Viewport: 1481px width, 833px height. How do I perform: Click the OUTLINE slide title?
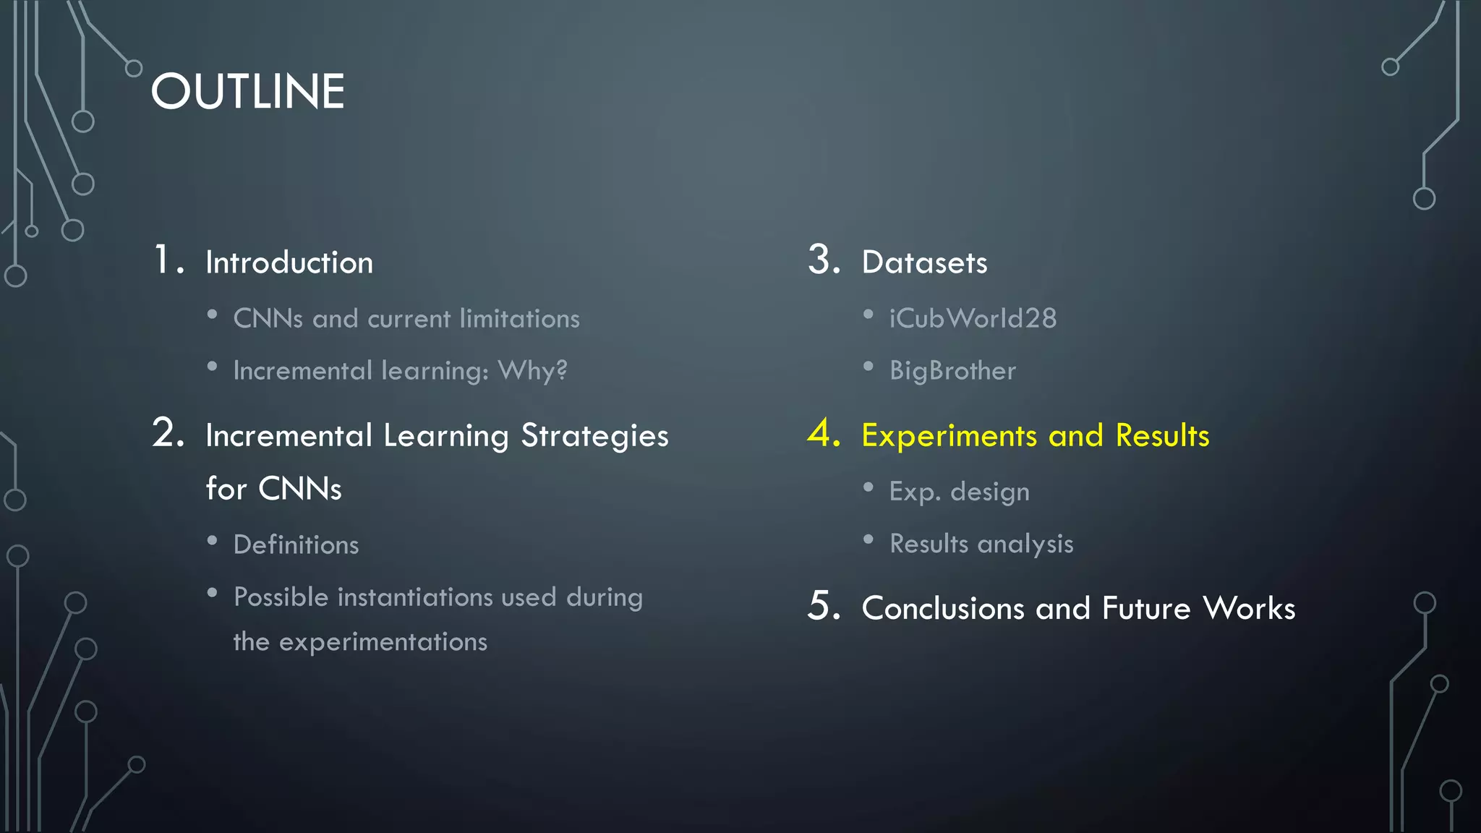[247, 92]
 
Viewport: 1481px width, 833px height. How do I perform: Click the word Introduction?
[289, 262]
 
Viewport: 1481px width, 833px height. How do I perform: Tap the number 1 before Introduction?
[163, 260]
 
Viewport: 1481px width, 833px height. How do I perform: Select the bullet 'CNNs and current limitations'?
[406, 319]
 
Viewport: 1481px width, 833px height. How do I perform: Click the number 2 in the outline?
[168, 433]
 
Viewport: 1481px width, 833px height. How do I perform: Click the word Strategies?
[594, 436]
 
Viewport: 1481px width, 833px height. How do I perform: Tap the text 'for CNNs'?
[273, 489]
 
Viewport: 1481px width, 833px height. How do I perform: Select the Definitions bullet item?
[296, 545]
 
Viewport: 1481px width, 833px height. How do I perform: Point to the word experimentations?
[383, 642]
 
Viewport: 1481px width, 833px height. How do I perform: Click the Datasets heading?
[924, 262]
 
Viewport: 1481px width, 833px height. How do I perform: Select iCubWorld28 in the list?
[973, 319]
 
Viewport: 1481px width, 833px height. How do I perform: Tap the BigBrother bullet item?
[952, 371]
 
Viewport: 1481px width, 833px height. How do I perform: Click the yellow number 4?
[823, 433]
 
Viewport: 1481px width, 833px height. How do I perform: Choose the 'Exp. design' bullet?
[959, 492]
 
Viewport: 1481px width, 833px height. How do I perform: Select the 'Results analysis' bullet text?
[981, 544]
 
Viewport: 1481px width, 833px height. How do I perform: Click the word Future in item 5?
[1146, 608]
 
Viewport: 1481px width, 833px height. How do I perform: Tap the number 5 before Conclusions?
[823, 606]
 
